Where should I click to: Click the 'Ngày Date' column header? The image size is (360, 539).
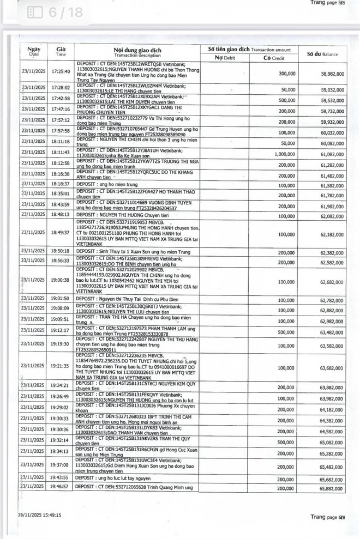click(x=34, y=52)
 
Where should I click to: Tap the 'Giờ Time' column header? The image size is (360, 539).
click(x=61, y=52)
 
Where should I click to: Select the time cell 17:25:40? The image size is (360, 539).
click(x=61, y=71)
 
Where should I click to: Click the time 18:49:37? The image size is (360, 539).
click(x=61, y=233)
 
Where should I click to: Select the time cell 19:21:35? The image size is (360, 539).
click(x=61, y=367)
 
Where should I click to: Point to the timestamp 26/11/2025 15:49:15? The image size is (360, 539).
click(x=39, y=514)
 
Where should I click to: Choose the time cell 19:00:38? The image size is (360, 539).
click(x=61, y=280)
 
